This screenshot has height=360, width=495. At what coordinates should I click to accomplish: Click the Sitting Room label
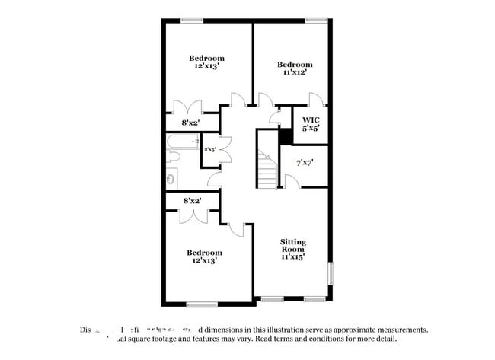click(292, 249)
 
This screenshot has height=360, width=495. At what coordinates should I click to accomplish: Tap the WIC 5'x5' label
click(311, 124)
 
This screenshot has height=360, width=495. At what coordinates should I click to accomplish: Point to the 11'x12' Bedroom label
click(294, 68)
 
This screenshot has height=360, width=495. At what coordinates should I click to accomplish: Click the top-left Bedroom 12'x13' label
click(206, 62)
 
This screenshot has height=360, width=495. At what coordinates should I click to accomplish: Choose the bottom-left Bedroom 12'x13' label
click(206, 256)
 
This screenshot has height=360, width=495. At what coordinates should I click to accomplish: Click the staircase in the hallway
click(267, 169)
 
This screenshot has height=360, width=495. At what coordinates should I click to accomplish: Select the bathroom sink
click(171, 180)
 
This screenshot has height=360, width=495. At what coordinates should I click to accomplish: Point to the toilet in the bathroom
click(172, 157)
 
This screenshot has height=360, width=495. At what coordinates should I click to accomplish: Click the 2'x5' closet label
click(210, 150)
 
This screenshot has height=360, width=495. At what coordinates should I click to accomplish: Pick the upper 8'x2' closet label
click(190, 123)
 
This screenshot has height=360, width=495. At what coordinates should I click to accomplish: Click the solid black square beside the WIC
click(286, 136)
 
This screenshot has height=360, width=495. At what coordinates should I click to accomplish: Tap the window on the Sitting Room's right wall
click(331, 273)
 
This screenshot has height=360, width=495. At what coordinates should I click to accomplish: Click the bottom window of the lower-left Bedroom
click(202, 304)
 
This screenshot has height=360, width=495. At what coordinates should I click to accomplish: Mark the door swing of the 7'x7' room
click(290, 180)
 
